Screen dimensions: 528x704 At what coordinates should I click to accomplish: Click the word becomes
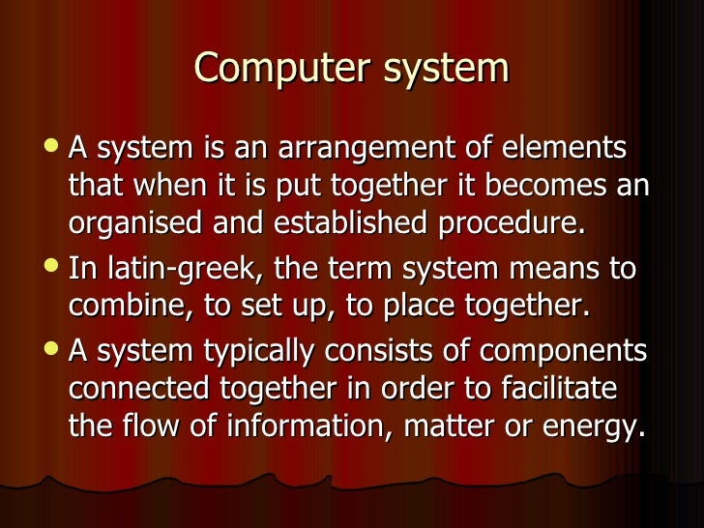pos(540,187)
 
